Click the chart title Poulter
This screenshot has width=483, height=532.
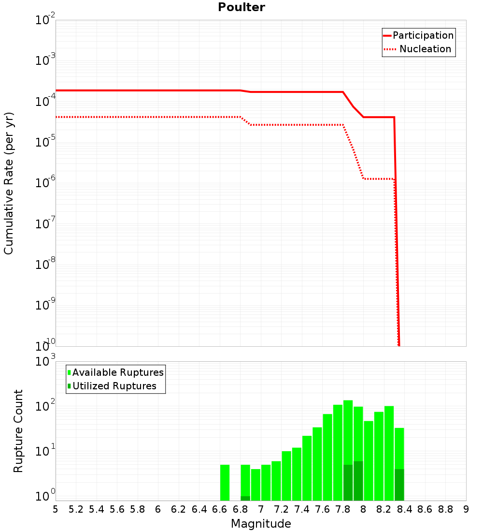pos(241,7)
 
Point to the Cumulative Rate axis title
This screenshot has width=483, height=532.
pos(9,183)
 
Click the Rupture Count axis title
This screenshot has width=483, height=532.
pos(18,430)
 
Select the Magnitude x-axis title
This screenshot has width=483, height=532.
pos(261,523)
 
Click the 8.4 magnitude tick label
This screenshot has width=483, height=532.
pos(405,509)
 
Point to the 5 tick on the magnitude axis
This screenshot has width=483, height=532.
pos(56,509)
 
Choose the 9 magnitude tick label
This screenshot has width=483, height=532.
pos(466,509)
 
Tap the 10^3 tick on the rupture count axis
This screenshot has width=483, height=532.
pos(43,361)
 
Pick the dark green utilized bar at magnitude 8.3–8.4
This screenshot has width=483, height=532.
pos(399,485)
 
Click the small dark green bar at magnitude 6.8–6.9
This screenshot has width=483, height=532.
pos(245,498)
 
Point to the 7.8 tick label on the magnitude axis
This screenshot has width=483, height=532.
pos(343,509)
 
